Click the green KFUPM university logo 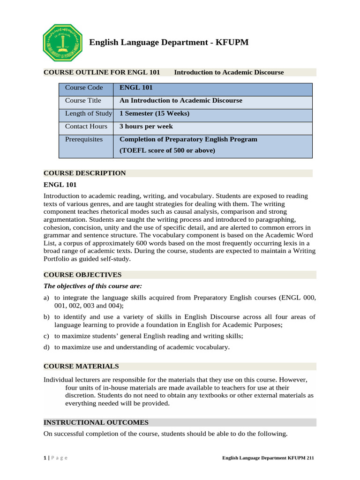[x=62, y=43]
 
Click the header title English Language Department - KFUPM [x=169, y=43]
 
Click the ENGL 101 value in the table [x=136, y=88]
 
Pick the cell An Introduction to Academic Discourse [x=181, y=101]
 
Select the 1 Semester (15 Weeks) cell [x=155, y=113]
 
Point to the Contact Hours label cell [x=86, y=127]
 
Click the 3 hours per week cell [x=146, y=127]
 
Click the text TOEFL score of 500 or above [x=167, y=150]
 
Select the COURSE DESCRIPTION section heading [x=85, y=173]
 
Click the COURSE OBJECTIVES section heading [x=82, y=275]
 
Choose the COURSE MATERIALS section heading [x=81, y=366]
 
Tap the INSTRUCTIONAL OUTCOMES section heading [x=96, y=422]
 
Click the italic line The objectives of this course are [x=92, y=286]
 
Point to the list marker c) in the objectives [x=46, y=336]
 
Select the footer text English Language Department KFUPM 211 [x=268, y=458]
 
